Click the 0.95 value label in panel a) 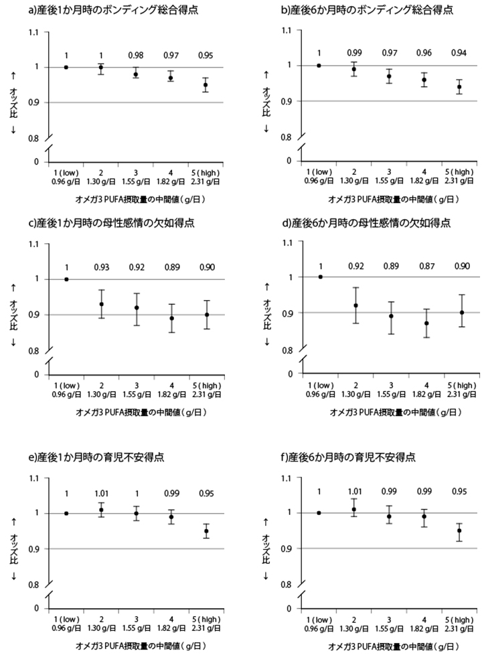point(206,55)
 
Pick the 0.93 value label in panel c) point(100,267)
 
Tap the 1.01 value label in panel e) point(100,494)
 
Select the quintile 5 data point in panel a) point(206,85)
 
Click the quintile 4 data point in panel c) point(171,318)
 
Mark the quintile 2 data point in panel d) point(355,305)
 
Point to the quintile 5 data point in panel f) point(459,530)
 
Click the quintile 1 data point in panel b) point(319,65)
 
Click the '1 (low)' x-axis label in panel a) point(66,173)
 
